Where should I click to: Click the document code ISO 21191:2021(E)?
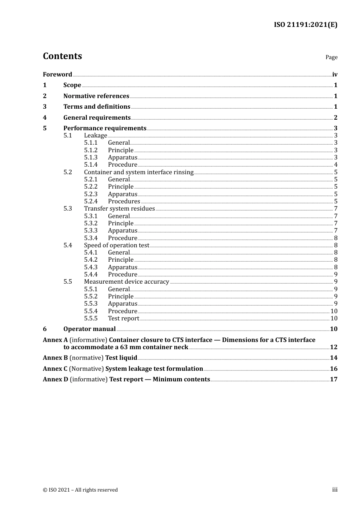coord(305,25)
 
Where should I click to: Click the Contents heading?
coord(62,56)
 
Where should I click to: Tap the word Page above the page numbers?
coord(331,57)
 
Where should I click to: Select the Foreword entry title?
coord(57,75)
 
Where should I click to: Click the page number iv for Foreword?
coord(335,75)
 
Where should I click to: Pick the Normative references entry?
coord(96,96)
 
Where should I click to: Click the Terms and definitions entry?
coord(97,107)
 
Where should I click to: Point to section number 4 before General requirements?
coord(45,118)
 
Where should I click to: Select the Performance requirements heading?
coord(105,128)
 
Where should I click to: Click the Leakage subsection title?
coord(95,136)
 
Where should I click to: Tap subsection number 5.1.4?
coord(91,165)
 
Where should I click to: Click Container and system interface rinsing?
coord(139,172)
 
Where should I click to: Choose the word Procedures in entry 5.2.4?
coord(124,201)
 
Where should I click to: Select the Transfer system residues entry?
coord(119,209)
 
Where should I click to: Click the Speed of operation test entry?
coord(117,245)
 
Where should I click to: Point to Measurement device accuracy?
coord(127,282)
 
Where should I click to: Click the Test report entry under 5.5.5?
coord(124,319)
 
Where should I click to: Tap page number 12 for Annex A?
coord(333,347)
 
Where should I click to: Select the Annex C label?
coord(55,369)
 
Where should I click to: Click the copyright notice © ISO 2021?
coord(80,490)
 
